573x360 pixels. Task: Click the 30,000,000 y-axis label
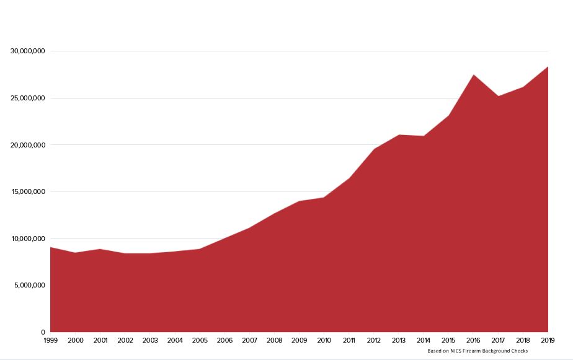coord(27,51)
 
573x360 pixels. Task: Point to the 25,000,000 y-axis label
coord(27,98)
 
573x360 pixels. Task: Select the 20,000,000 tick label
coord(27,145)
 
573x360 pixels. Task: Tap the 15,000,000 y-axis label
coord(27,191)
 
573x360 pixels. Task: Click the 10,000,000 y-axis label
coord(27,239)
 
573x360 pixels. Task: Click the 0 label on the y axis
coord(43,332)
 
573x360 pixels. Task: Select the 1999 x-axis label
coord(50,340)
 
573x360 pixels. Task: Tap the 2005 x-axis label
coord(200,340)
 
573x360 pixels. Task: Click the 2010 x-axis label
coord(324,340)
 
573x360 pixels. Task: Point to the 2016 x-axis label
coord(473,340)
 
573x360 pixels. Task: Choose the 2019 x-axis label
coord(548,340)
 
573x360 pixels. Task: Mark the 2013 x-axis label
coord(399,340)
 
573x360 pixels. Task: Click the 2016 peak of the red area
coord(473,75)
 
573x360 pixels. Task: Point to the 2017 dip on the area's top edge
coord(498,96)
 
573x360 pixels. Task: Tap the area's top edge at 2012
coord(374,149)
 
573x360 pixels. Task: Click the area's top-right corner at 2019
coord(548,67)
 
